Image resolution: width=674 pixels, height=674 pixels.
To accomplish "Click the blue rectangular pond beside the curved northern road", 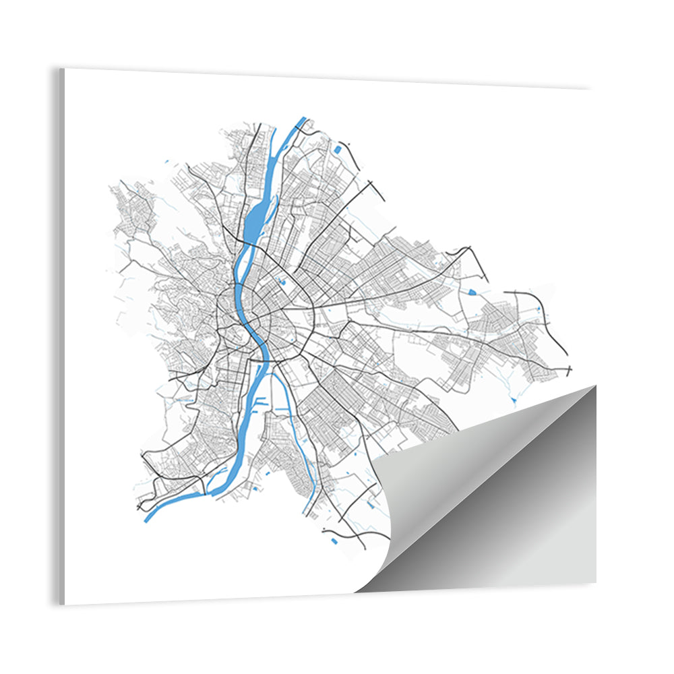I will [336, 150].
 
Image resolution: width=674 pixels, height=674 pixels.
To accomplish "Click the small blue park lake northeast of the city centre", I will [286, 282].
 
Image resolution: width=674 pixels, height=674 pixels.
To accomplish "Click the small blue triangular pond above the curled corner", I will [514, 400].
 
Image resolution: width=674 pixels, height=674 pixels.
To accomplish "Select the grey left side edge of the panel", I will [61, 337].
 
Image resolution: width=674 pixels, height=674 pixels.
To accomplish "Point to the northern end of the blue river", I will [302, 120].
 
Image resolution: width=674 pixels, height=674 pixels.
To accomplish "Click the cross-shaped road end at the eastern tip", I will [570, 370].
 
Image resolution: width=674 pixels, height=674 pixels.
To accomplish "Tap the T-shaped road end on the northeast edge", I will [370, 184].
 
